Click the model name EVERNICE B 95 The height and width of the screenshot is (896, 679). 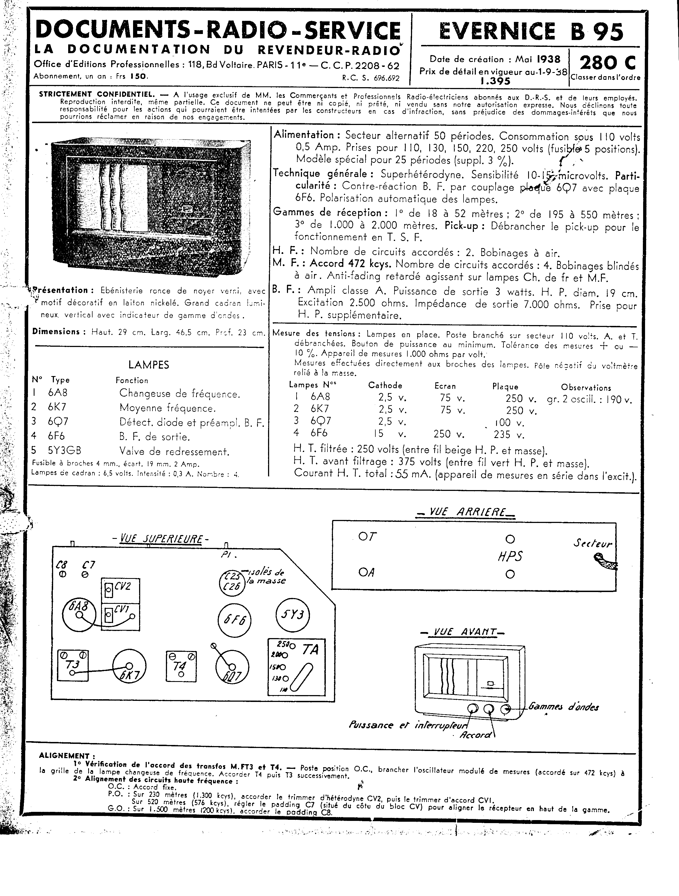(x=531, y=32)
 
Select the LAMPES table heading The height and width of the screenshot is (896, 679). (x=148, y=365)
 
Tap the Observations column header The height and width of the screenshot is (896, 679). (x=586, y=388)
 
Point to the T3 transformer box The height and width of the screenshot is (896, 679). (x=73, y=665)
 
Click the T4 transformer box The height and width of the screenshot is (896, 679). (x=181, y=665)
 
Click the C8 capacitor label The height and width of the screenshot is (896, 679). (x=62, y=565)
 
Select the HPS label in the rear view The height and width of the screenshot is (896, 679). (x=510, y=556)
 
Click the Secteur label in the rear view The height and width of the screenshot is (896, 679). (x=592, y=544)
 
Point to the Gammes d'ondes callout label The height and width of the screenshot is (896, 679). (x=563, y=707)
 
